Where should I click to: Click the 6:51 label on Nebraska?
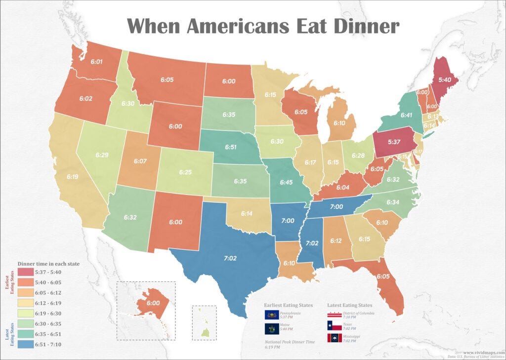pyautogui.click(x=231, y=147)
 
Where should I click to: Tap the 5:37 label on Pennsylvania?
pyautogui.click(x=394, y=142)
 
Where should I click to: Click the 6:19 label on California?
pyautogui.click(x=73, y=176)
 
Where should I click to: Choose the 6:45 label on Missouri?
pyautogui.click(x=286, y=182)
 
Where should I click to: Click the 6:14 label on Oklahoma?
pyautogui.click(x=247, y=213)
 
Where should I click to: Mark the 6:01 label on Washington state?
pyautogui.click(x=96, y=62)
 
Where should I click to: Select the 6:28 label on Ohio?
pyautogui.click(x=358, y=156)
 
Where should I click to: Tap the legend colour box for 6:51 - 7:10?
pyautogui.click(x=26, y=344)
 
